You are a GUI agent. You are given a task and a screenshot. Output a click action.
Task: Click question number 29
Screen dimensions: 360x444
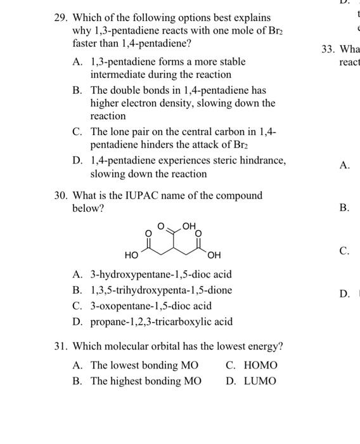60,18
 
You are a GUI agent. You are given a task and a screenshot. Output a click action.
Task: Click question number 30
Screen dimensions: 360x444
60,196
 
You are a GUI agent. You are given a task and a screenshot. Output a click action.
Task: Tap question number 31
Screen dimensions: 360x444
60,347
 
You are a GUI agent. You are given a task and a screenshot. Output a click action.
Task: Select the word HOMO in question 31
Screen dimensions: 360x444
260,365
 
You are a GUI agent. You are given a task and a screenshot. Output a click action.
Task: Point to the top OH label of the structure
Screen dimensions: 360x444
190,225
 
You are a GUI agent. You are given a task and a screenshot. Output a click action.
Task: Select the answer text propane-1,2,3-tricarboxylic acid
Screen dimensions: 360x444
161,322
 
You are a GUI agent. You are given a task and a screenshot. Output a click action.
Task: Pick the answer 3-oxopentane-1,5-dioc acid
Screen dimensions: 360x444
151,306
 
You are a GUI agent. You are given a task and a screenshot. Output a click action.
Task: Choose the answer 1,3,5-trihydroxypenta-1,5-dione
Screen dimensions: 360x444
161,290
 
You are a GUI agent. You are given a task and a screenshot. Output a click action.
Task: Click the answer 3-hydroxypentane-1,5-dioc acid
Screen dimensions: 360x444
161,275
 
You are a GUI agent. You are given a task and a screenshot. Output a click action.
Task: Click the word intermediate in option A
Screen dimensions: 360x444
119,75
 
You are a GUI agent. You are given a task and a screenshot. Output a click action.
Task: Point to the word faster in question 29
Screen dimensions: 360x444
87,44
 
